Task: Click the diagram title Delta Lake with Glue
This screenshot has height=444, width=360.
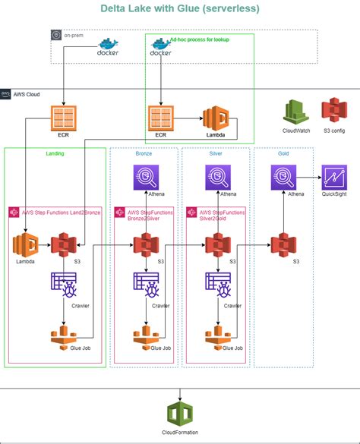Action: coord(179,8)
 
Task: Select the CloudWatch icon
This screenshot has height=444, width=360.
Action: coord(295,112)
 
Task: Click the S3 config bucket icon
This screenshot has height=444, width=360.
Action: coord(333,112)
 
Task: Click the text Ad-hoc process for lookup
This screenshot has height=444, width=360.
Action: coord(199,39)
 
